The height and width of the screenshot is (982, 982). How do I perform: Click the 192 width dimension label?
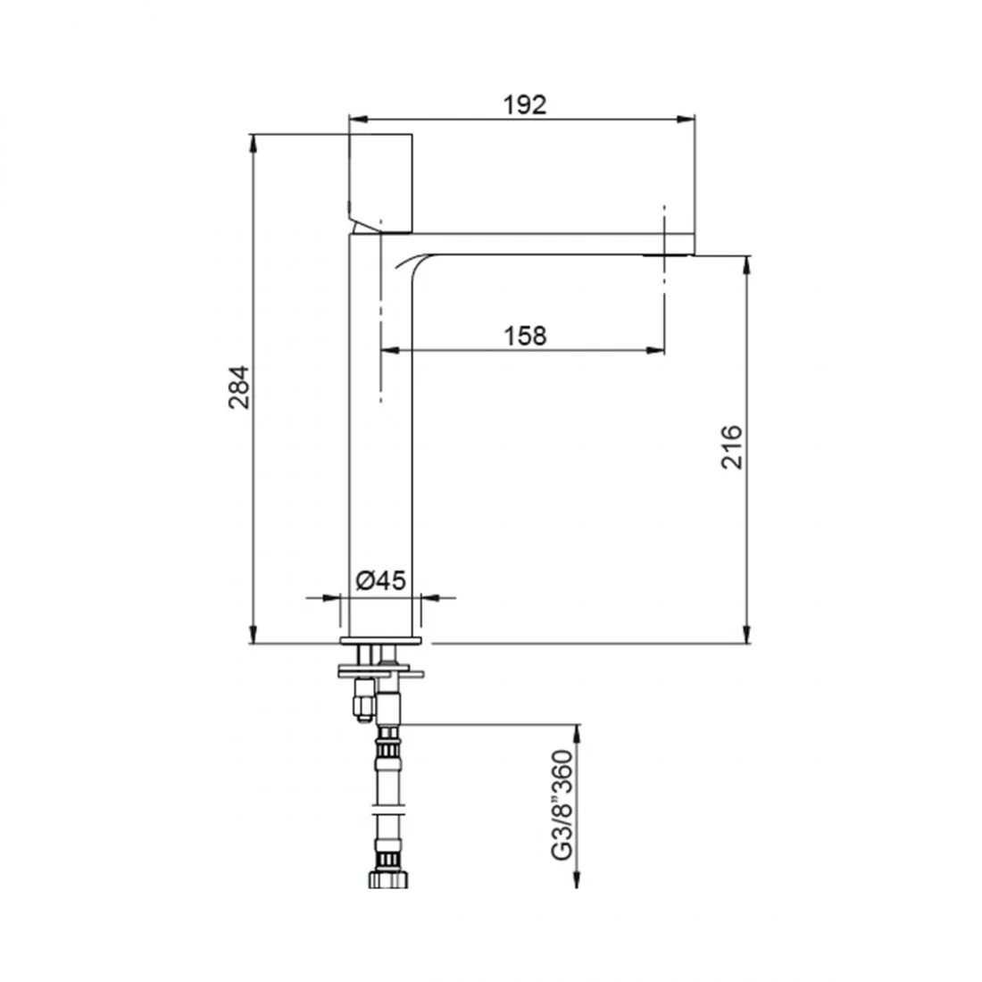tap(525, 104)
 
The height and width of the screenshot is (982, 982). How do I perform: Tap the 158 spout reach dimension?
tap(525, 336)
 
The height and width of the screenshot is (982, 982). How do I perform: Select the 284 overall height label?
tap(238, 387)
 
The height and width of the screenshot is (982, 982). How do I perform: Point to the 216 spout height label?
tap(731, 447)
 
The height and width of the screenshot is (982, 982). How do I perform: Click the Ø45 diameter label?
tap(381, 580)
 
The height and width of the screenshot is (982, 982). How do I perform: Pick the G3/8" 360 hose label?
tap(562, 804)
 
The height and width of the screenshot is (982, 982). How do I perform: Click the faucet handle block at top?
tap(381, 183)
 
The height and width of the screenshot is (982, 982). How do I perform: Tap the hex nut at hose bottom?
tap(388, 878)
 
